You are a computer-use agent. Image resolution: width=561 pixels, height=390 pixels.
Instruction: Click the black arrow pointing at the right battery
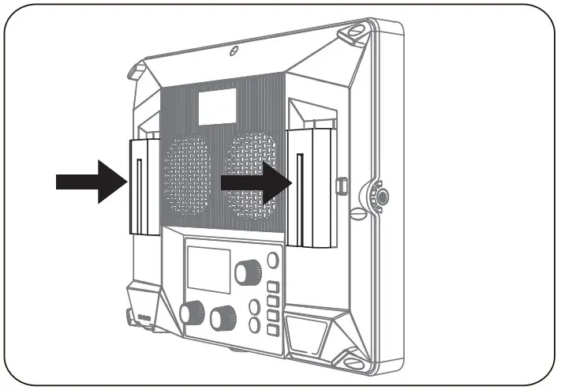pyautogui.click(x=253, y=182)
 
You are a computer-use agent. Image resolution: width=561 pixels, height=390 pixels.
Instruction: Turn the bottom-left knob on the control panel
pyautogui.click(x=192, y=313)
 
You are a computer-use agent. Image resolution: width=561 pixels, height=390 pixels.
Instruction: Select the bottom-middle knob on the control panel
pyautogui.click(x=223, y=318)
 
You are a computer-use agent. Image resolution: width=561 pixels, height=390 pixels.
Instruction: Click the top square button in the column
pyautogui.click(x=273, y=287)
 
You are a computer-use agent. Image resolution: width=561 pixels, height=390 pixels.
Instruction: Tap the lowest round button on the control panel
pyautogui.click(x=255, y=324)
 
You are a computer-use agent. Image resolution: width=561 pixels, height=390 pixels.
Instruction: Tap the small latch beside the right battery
pyautogui.click(x=341, y=185)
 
